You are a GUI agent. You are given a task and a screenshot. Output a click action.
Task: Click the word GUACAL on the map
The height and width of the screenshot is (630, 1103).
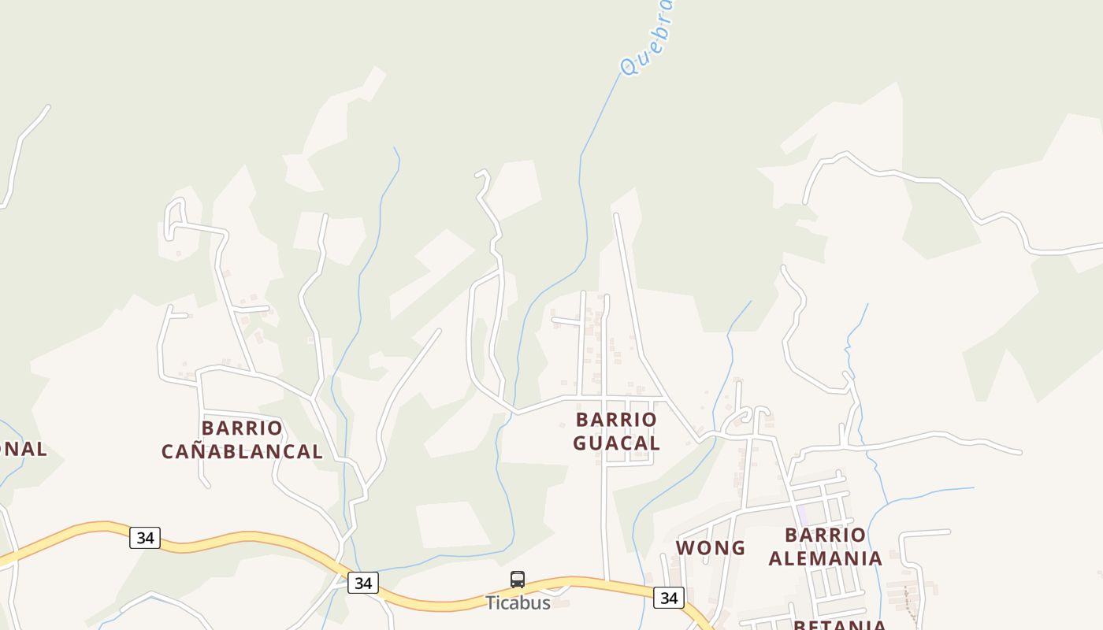(616, 443)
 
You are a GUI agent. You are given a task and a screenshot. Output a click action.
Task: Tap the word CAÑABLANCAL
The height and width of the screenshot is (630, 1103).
(242, 451)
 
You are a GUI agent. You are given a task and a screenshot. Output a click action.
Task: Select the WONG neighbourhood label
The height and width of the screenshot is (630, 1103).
(710, 548)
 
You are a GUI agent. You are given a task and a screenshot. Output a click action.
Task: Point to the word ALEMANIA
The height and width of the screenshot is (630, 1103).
(825, 558)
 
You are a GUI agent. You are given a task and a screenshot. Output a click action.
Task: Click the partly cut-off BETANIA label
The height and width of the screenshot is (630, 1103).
(839, 624)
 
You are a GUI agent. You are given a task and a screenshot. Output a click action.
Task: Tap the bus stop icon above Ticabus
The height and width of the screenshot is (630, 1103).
(518, 580)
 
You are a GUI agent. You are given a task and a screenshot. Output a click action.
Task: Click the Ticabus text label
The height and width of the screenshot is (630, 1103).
(518, 602)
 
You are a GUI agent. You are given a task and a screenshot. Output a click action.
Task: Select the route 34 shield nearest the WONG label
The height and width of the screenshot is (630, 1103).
(668, 598)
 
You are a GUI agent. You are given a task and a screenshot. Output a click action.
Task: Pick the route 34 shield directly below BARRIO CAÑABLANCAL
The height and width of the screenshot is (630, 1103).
(145, 538)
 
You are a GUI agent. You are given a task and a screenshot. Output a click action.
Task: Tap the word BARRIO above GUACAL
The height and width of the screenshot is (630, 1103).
(616, 420)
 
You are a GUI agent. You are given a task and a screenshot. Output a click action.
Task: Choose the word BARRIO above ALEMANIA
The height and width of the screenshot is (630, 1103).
(825, 535)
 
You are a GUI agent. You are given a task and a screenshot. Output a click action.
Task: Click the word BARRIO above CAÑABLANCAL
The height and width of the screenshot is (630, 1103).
(242, 428)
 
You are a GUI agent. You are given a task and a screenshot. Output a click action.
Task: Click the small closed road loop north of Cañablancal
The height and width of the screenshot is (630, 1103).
(175, 217)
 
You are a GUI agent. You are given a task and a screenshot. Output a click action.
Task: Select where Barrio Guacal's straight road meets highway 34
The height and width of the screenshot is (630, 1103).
(607, 581)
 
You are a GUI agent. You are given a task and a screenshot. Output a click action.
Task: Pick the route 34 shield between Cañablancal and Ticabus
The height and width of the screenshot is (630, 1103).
(362, 583)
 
